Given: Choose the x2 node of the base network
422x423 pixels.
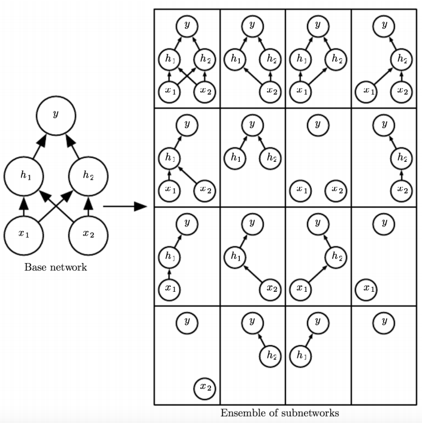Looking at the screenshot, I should [x=88, y=234].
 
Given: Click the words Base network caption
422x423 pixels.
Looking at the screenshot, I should [x=55, y=267].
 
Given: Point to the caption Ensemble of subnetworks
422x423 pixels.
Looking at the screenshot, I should [x=279, y=413].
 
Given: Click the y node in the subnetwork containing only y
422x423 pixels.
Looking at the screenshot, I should [x=384, y=322].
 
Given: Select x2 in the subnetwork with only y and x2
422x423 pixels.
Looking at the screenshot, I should [x=205, y=388].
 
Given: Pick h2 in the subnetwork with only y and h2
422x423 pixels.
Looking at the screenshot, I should [x=270, y=355].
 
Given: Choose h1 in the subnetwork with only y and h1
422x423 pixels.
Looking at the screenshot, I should [x=299, y=355].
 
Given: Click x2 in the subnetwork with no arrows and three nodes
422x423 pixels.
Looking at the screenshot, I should [x=336, y=190].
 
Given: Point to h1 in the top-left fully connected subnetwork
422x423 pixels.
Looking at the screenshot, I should [x=168, y=59].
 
